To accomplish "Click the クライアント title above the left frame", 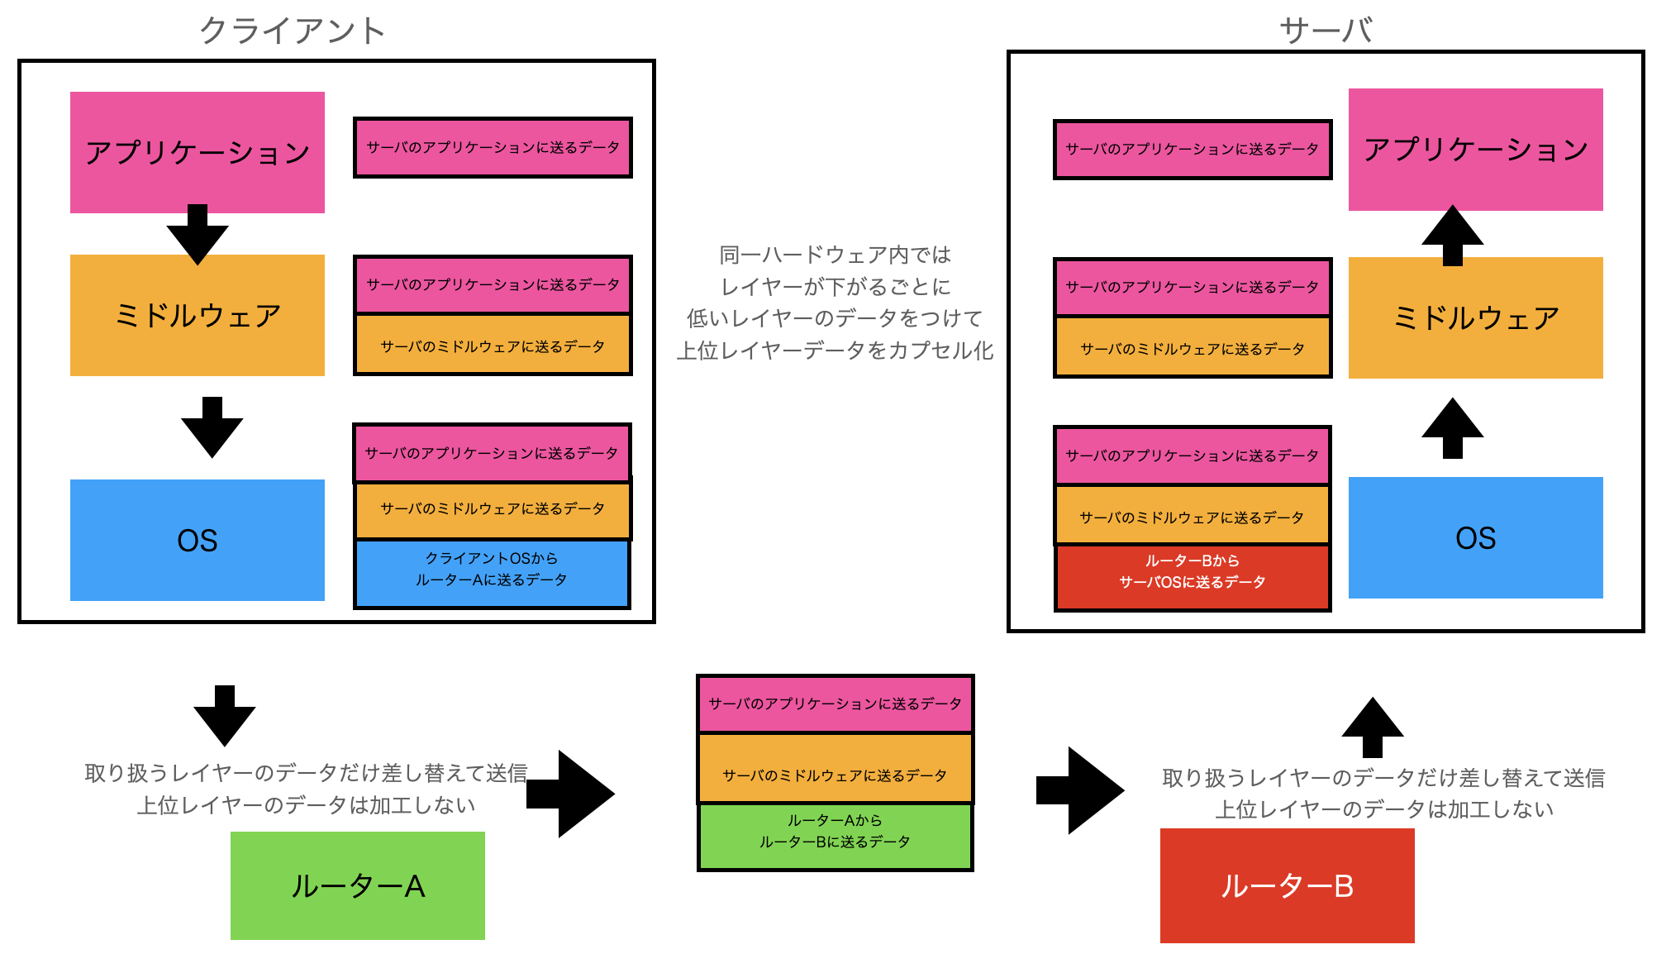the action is pos(293,31).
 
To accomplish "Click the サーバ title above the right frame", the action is pos(1326,31).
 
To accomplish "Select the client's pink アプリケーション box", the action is pos(198,152).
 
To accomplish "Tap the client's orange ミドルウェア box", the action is pos(198,315).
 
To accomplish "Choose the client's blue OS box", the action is pos(198,540).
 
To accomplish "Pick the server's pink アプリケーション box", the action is pos(1476,150).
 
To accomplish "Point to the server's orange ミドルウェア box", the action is pos(1476,317).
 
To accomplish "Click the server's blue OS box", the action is pos(1476,537).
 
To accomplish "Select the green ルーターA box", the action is pos(358,885).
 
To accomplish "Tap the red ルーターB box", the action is pos(1288,885).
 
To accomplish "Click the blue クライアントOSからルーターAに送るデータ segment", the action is pos(492,574).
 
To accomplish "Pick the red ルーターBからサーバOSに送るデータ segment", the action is pos(1193,577).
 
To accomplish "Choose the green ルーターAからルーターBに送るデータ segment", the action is pos(835,836).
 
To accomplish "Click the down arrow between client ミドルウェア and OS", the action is pos(212,427).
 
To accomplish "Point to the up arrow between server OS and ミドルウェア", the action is pos(1453,428).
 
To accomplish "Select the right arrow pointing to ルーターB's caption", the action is pos(1080,790).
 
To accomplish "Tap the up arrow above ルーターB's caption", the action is pos(1373,727).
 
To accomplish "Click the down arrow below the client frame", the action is pos(225,716).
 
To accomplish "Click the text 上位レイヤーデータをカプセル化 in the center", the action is pos(835,351).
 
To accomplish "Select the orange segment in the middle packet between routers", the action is pos(835,768).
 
